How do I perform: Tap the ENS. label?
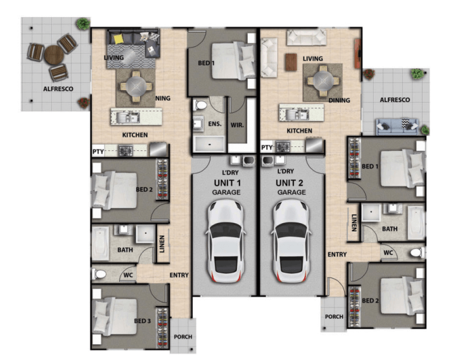pyautogui.click(x=215, y=124)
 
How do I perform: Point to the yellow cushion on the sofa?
pyautogui.click(x=118, y=39)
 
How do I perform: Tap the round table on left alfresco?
pyautogui.click(x=53, y=55)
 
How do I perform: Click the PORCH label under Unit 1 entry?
pyautogui.click(x=182, y=337)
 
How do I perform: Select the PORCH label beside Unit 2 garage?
pyautogui.click(x=333, y=317)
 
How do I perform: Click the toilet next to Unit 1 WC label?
pyautogui.click(x=99, y=275)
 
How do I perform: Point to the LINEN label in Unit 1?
pyautogui.click(x=162, y=243)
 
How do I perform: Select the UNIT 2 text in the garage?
pyautogui.click(x=290, y=183)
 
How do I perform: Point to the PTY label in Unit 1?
pyautogui.click(x=98, y=152)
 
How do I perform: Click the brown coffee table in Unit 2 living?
pyautogui.click(x=291, y=61)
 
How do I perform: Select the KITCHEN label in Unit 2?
pyautogui.click(x=299, y=131)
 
